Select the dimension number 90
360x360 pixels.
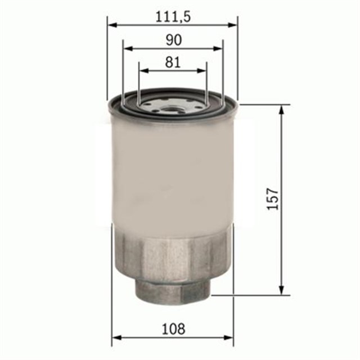(x=173, y=40)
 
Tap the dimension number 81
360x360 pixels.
(x=173, y=62)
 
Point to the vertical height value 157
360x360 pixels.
(x=273, y=199)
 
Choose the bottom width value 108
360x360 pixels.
(x=173, y=328)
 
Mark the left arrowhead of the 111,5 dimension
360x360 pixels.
(x=111, y=25)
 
